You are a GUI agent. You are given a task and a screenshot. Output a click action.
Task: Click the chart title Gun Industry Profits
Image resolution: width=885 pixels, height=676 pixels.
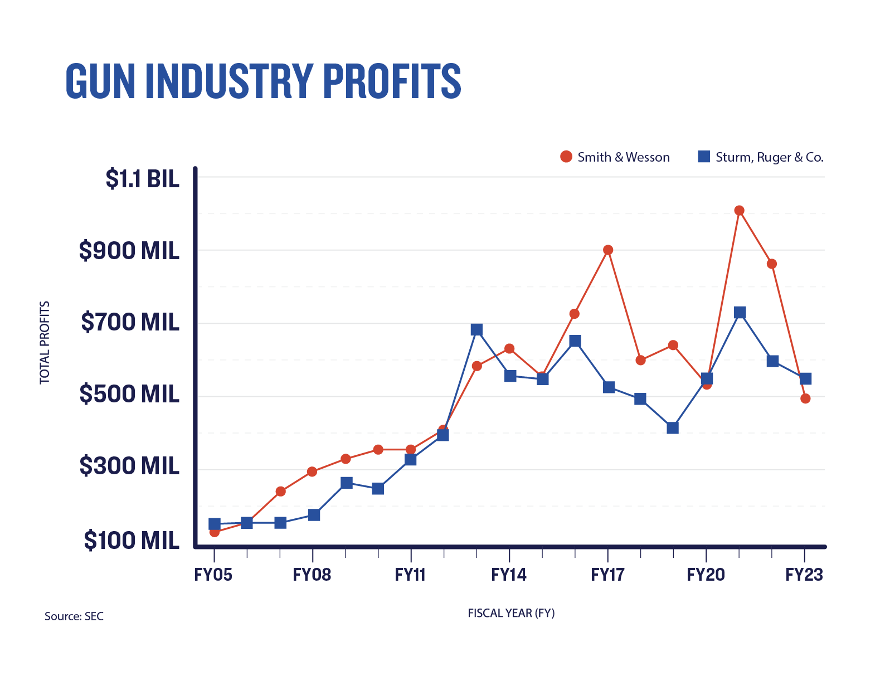tap(263, 81)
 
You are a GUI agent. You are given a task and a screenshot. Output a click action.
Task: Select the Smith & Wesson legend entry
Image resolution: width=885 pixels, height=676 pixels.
tap(615, 157)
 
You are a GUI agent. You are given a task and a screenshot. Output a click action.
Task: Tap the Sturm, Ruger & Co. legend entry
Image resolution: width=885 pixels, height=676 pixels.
tap(761, 157)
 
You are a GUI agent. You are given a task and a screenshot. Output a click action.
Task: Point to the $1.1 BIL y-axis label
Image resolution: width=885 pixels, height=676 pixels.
tap(143, 179)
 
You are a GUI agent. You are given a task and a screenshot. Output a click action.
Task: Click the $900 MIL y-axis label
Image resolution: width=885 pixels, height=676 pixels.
tap(129, 251)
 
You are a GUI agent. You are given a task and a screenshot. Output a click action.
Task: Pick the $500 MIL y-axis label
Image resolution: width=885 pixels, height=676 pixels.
tap(129, 394)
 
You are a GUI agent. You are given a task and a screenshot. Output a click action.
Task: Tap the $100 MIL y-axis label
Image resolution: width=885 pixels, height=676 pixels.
tap(132, 540)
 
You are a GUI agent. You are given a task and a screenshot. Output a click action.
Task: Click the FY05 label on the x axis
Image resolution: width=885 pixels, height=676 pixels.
tap(213, 575)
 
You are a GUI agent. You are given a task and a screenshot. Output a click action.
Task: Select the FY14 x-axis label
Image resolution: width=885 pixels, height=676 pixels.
tap(508, 575)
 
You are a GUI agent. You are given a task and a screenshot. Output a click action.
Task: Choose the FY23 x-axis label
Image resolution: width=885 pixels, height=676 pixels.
tap(804, 575)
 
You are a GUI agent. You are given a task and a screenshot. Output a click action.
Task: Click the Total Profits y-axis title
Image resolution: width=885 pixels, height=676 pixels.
tap(45, 342)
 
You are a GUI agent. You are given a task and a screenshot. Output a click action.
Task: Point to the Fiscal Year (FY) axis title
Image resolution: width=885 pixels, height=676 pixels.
tap(511, 613)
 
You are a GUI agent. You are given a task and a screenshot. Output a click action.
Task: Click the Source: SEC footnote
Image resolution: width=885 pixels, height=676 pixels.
tap(74, 616)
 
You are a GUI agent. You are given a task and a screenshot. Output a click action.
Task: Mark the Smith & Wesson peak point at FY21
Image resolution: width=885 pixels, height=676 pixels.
tap(739, 211)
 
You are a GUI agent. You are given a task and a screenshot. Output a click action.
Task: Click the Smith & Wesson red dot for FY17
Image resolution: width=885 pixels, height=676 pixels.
tap(608, 250)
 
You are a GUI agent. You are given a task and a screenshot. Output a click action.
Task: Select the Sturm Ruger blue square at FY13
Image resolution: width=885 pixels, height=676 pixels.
tap(476, 330)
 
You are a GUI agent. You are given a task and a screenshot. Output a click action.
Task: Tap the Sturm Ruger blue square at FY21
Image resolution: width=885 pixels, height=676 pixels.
tap(740, 313)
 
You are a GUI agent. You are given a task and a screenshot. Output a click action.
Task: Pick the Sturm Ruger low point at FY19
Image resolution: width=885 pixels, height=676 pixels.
tap(673, 428)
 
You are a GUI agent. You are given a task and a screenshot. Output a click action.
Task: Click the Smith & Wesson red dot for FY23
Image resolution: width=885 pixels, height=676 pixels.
tap(805, 398)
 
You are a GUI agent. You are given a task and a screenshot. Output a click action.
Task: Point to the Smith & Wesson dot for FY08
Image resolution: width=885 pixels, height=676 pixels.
tap(312, 471)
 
